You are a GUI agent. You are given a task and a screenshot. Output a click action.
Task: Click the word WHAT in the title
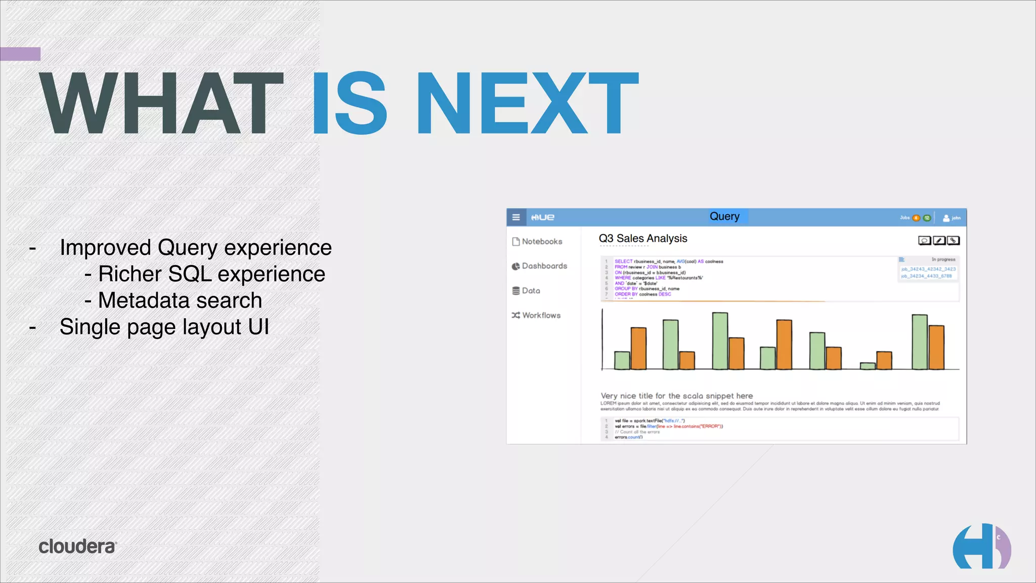pyautogui.click(x=161, y=103)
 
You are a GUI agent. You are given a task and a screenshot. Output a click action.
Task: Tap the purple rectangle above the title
pyautogui.click(x=20, y=54)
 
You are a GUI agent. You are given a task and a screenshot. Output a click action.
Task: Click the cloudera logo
pyautogui.click(x=77, y=547)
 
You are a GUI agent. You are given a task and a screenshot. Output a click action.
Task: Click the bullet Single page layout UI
pyautogui.click(x=164, y=327)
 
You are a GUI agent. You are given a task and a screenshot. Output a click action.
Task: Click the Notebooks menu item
pyautogui.click(x=541, y=241)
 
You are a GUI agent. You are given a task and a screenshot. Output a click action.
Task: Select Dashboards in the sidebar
pyautogui.click(x=544, y=266)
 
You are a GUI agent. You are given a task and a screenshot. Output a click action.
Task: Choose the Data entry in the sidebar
pyautogui.click(x=531, y=290)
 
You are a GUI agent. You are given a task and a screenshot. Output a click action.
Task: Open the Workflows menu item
pyautogui.click(x=541, y=315)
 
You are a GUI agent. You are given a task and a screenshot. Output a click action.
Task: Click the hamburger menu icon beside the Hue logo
pyautogui.click(x=516, y=217)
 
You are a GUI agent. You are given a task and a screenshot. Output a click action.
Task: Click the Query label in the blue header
pyautogui.click(x=724, y=217)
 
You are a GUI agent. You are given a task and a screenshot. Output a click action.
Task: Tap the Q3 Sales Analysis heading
pyautogui.click(x=643, y=238)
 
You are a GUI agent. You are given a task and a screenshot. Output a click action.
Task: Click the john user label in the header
pyautogui.click(x=956, y=218)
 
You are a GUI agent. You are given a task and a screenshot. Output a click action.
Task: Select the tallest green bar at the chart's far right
pyautogui.click(x=919, y=342)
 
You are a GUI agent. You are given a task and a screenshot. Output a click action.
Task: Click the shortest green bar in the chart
pyautogui.click(x=868, y=366)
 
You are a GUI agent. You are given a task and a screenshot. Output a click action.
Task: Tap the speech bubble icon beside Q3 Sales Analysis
pyautogui.click(x=924, y=240)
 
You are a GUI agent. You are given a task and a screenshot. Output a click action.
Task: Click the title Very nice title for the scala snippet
pyautogui.click(x=676, y=396)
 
